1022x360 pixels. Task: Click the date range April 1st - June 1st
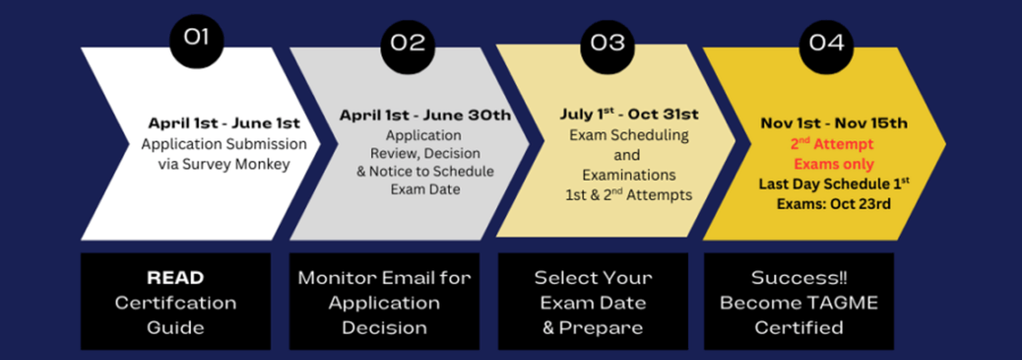click(224, 123)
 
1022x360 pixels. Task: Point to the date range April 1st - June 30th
click(425, 115)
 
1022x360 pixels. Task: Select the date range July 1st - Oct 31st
click(629, 114)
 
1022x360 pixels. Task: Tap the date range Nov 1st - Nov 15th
click(834, 123)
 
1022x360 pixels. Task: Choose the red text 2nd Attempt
click(832, 144)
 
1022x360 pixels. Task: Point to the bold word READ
click(175, 278)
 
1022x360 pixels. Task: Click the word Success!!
click(799, 278)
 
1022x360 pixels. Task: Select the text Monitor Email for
click(384, 278)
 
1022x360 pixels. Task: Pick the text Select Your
click(593, 278)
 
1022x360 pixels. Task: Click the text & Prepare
click(593, 328)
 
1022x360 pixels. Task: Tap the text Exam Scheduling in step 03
click(629, 135)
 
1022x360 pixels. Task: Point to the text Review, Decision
click(425, 153)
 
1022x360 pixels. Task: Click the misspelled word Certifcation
click(175, 303)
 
